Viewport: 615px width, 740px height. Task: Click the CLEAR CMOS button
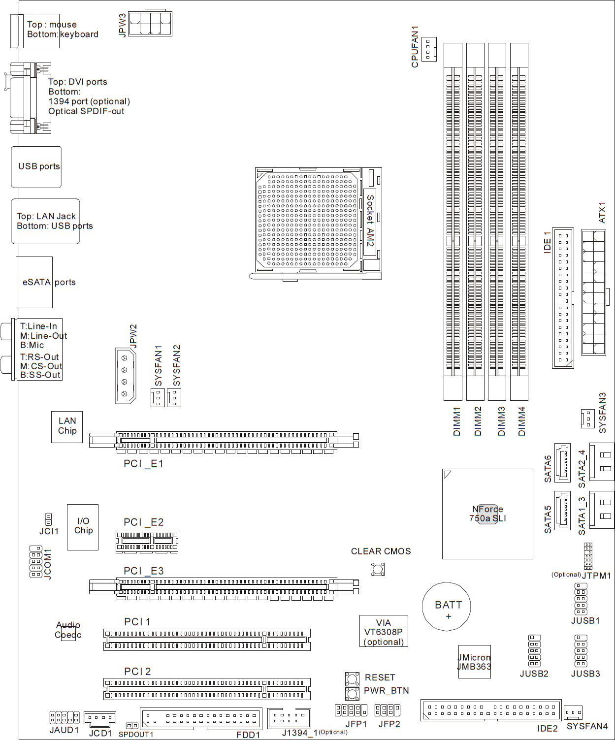click(x=378, y=570)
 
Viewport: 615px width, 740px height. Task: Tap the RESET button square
click(x=352, y=679)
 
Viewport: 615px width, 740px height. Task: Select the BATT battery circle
click(x=447, y=607)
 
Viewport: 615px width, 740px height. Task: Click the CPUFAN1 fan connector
click(x=429, y=49)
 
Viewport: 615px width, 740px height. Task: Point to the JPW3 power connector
click(x=150, y=24)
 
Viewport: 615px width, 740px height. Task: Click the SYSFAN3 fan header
click(x=588, y=418)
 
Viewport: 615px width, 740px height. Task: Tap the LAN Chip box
click(x=67, y=427)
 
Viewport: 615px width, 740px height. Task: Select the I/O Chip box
click(x=83, y=527)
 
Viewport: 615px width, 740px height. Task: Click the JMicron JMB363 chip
click(x=475, y=662)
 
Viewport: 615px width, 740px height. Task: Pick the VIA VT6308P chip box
click(x=384, y=631)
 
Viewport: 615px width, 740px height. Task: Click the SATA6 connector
click(x=562, y=462)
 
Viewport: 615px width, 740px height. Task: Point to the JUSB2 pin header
click(x=535, y=651)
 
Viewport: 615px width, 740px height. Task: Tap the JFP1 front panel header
click(x=351, y=710)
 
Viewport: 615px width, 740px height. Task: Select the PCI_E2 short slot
click(x=147, y=541)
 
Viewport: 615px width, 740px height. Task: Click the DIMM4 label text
click(x=521, y=421)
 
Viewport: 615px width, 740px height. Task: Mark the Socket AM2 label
click(x=370, y=221)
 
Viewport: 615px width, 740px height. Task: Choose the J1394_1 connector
click(x=289, y=718)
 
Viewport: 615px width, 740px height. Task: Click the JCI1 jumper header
click(x=49, y=519)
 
